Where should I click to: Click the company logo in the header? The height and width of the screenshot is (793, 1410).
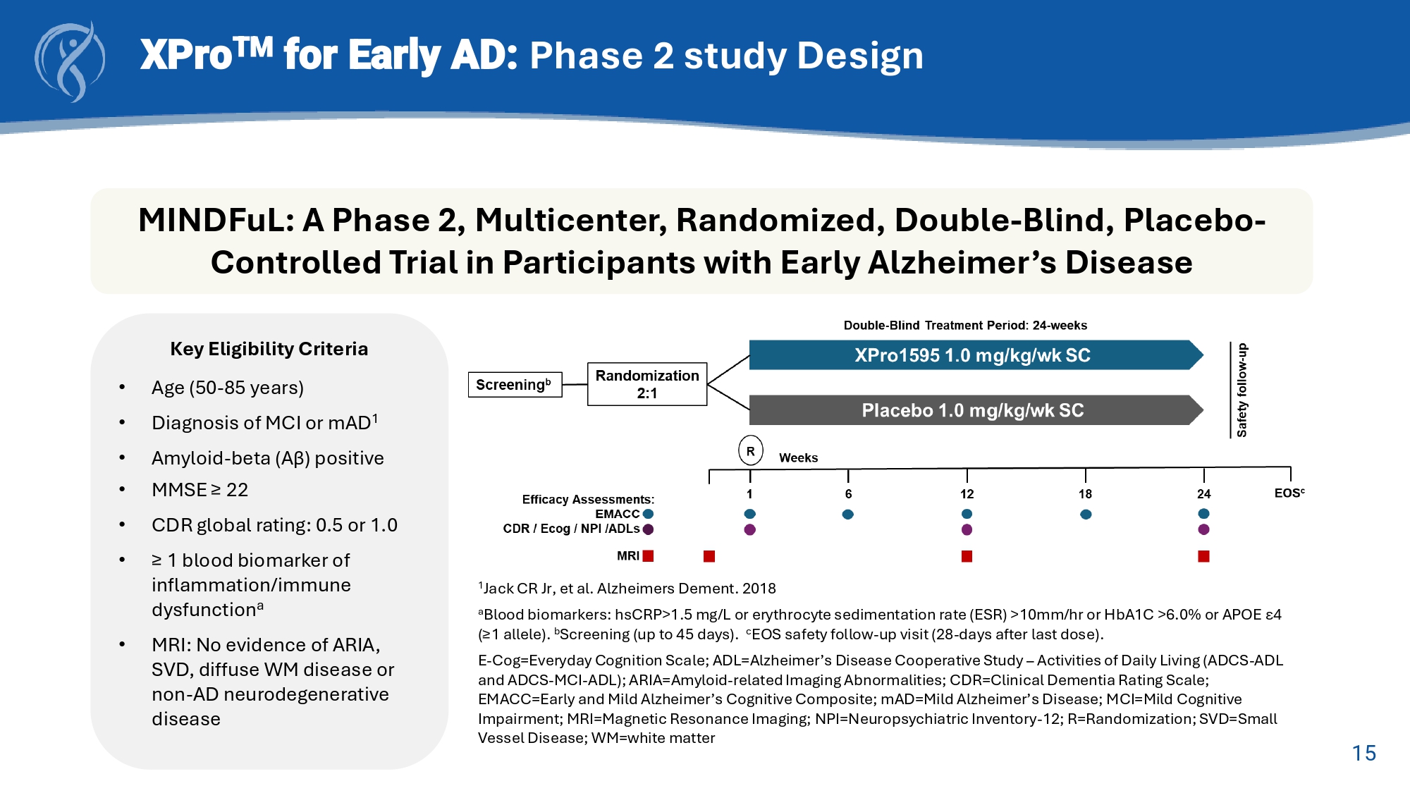pyautogui.click(x=70, y=61)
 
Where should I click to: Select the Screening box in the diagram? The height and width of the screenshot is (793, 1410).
pyautogui.click(x=515, y=385)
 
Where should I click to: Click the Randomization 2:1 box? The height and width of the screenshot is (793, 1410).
pyautogui.click(x=647, y=384)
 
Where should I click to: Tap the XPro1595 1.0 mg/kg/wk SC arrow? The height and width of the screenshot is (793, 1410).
pyautogui.click(x=972, y=355)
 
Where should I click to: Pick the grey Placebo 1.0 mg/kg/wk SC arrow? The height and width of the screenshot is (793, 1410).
pyautogui.click(x=972, y=410)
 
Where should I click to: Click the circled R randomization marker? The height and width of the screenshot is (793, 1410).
pyautogui.click(x=750, y=451)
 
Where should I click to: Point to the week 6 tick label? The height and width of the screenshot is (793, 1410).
pyautogui.click(x=848, y=494)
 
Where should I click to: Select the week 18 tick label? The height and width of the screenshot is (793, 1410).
pyautogui.click(x=1085, y=494)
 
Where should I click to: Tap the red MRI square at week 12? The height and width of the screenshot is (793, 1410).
pyautogui.click(x=967, y=556)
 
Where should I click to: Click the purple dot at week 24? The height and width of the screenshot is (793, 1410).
pyautogui.click(x=1203, y=529)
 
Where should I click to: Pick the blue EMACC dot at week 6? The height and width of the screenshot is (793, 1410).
pyautogui.click(x=848, y=514)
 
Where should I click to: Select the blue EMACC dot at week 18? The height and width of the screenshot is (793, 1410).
pyautogui.click(x=1086, y=514)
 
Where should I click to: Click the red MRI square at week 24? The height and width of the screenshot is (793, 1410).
pyautogui.click(x=1203, y=556)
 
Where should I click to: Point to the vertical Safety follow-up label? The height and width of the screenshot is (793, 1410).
pyautogui.click(x=1242, y=390)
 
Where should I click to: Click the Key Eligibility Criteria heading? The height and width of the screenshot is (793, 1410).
pyautogui.click(x=269, y=349)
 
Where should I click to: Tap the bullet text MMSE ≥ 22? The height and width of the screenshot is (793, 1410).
pyautogui.click(x=200, y=490)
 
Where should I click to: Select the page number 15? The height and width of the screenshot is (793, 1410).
pyautogui.click(x=1363, y=753)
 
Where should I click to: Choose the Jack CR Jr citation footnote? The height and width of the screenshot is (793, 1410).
pyautogui.click(x=627, y=589)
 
